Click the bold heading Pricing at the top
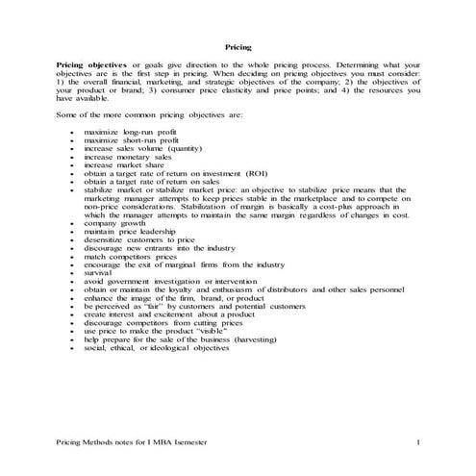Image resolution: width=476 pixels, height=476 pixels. pos(238,46)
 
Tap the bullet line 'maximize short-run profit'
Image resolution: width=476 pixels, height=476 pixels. pos(131,141)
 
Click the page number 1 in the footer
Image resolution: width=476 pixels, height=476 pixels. pos(418,440)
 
